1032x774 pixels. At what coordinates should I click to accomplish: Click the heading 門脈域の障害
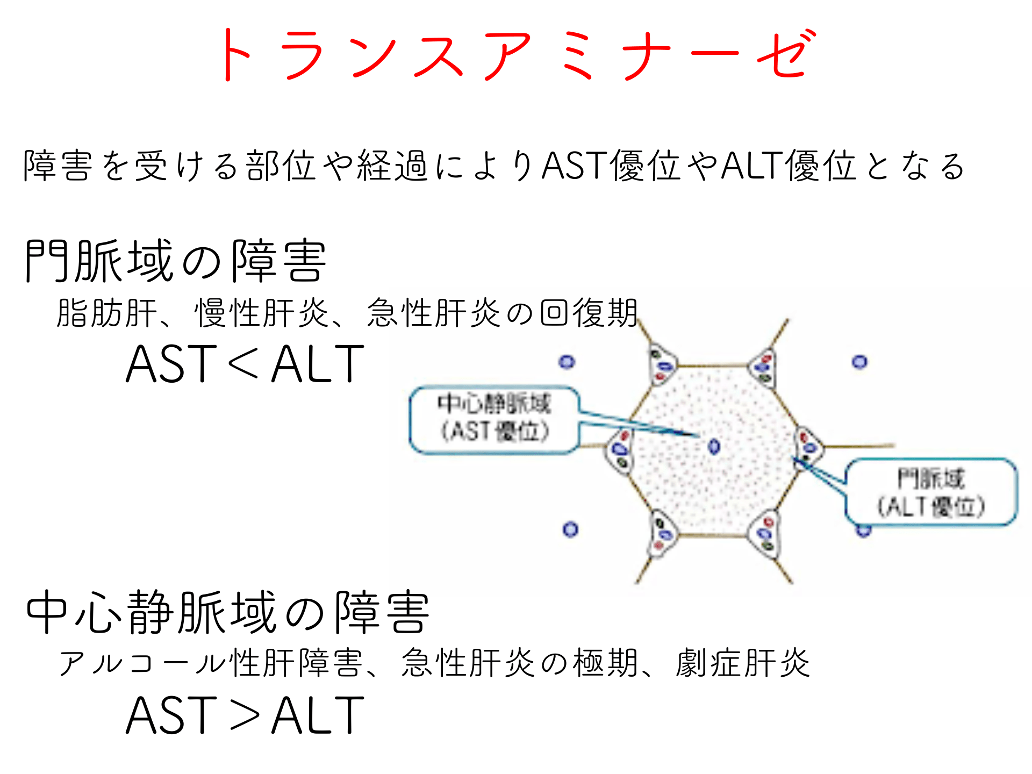coord(175,261)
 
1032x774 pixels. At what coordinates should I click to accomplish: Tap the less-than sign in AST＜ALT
coord(245,364)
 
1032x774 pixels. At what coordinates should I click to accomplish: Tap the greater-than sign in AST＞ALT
coord(245,715)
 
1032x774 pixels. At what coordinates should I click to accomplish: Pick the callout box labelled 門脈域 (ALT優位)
coord(931,492)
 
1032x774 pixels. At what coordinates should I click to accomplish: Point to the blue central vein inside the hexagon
coord(714,446)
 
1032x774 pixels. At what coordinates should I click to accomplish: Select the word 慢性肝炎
coord(261,313)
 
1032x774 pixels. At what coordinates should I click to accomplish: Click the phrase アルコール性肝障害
coord(210,663)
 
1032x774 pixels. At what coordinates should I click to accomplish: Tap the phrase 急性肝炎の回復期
coord(502,313)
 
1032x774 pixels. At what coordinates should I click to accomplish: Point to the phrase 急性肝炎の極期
coord(519,663)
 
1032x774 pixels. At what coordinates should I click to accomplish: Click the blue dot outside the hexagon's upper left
coord(567,362)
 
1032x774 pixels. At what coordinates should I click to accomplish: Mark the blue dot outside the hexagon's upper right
coord(859,362)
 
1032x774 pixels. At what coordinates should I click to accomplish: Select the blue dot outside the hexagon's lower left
coord(570,530)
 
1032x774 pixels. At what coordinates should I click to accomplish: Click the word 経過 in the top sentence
coord(392,166)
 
